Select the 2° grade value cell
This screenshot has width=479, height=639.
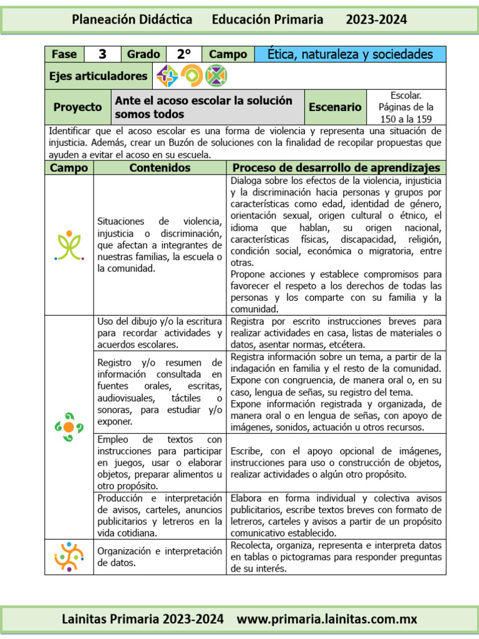pos(183,54)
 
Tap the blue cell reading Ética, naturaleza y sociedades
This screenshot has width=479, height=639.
pos(350,54)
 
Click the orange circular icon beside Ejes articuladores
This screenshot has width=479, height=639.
pos(192,76)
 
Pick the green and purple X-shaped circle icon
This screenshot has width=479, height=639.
pos(216,76)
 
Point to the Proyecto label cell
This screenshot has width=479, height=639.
pos(78,107)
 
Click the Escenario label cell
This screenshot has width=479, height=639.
pos(335,107)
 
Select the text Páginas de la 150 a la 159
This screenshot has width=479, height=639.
pos(406,112)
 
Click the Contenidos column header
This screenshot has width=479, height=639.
pos(160,168)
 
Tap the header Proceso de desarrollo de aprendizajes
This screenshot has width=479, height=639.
pos(336,168)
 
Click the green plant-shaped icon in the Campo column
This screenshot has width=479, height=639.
pos(69,245)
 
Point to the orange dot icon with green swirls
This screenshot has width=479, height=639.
pos(69,427)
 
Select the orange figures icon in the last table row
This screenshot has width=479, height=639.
pos(69,557)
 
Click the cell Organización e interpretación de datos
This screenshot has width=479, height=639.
pos(160,557)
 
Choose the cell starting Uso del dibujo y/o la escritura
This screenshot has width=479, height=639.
pos(160,333)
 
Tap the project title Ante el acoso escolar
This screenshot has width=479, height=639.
pos(203,107)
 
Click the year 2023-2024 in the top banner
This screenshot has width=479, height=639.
pos(376,20)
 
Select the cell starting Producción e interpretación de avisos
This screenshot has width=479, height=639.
pos(160,515)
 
